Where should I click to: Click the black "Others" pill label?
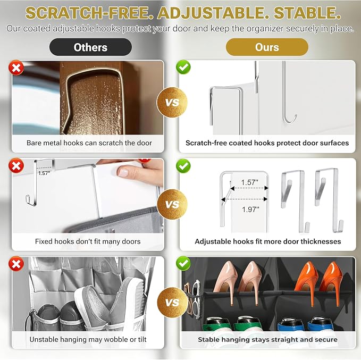pos(90,47)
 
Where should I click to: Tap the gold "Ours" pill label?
pos(267,47)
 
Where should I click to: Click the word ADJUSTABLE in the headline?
pos(211,13)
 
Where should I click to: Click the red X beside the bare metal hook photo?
pos(16,68)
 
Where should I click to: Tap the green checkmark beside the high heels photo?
pos(183,263)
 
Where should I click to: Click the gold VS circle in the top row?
pos(172,103)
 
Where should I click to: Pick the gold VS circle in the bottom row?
pos(172,303)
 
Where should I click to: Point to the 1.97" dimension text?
pos(250,210)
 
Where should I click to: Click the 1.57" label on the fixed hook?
pos(44,173)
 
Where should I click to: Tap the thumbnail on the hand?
pos(123,172)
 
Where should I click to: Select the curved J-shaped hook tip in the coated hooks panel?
pos(290,120)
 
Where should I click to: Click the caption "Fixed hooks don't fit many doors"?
pos(88,241)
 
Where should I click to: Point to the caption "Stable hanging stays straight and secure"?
pos(267,339)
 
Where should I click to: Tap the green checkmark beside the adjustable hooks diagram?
pos(183,166)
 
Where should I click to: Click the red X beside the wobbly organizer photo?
pos(16,264)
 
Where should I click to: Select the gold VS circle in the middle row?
pos(172,204)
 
